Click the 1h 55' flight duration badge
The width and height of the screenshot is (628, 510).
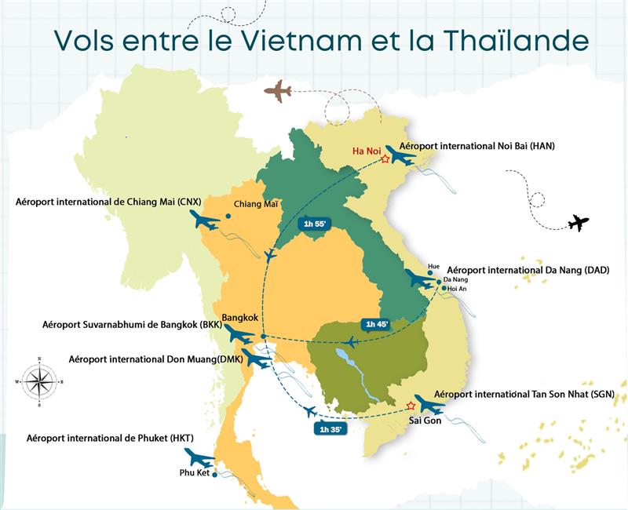(314, 224)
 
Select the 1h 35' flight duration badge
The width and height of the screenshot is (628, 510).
(330, 428)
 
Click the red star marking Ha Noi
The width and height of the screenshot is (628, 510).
(385, 159)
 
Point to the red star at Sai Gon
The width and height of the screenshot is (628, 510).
(411, 406)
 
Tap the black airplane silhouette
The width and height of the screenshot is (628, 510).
(578, 223)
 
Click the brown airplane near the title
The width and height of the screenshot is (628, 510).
(277, 91)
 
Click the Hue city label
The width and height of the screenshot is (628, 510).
(434, 265)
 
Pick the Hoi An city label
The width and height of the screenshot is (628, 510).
(458, 289)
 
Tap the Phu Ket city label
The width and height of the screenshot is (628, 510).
(195, 473)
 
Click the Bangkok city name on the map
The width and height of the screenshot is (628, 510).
(240, 317)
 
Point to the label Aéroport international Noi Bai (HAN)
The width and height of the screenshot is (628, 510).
(476, 146)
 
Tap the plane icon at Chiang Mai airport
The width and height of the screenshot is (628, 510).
(205, 220)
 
